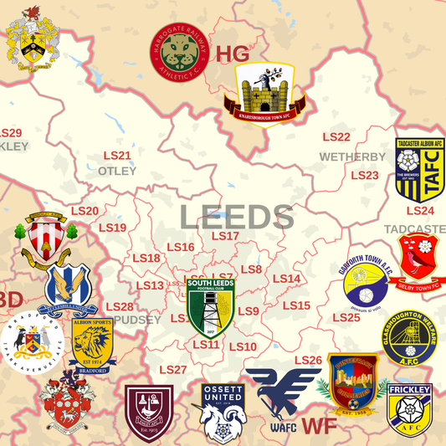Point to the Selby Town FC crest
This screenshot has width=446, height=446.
(420, 256)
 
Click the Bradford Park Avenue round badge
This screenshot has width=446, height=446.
(31, 342)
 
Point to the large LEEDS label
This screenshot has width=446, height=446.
(237, 217)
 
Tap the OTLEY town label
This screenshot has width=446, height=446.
(117, 171)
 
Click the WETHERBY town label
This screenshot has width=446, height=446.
(352, 156)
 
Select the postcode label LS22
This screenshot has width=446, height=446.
(336, 137)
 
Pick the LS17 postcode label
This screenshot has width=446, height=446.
(225, 236)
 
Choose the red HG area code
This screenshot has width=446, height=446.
(233, 55)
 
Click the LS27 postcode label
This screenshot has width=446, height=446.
(172, 370)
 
